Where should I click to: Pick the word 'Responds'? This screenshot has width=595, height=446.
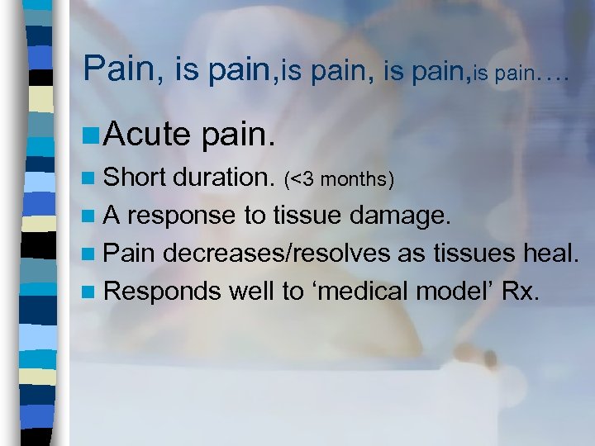coord(156,291)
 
